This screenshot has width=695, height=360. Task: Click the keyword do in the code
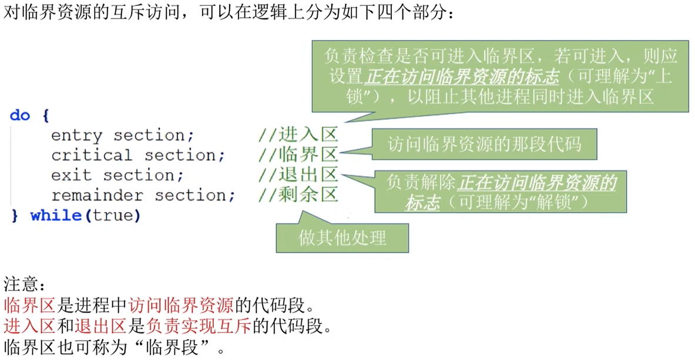[19, 115]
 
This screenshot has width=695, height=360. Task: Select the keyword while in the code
[56, 216]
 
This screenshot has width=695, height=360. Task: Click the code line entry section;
[122, 136]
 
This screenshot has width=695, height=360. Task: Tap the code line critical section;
[138, 156]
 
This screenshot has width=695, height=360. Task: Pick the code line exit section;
[117, 176]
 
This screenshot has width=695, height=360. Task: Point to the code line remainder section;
[143, 196]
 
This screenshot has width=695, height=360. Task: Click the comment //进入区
[298, 136]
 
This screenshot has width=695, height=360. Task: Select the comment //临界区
[298, 156]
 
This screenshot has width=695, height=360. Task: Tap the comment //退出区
[298, 176]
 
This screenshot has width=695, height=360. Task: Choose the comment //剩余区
[298, 196]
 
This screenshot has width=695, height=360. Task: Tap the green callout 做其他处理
[343, 238]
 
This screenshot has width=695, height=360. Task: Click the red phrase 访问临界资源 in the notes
[181, 306]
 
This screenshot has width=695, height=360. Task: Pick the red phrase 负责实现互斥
[199, 326]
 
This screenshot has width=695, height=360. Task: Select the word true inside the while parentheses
[113, 216]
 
